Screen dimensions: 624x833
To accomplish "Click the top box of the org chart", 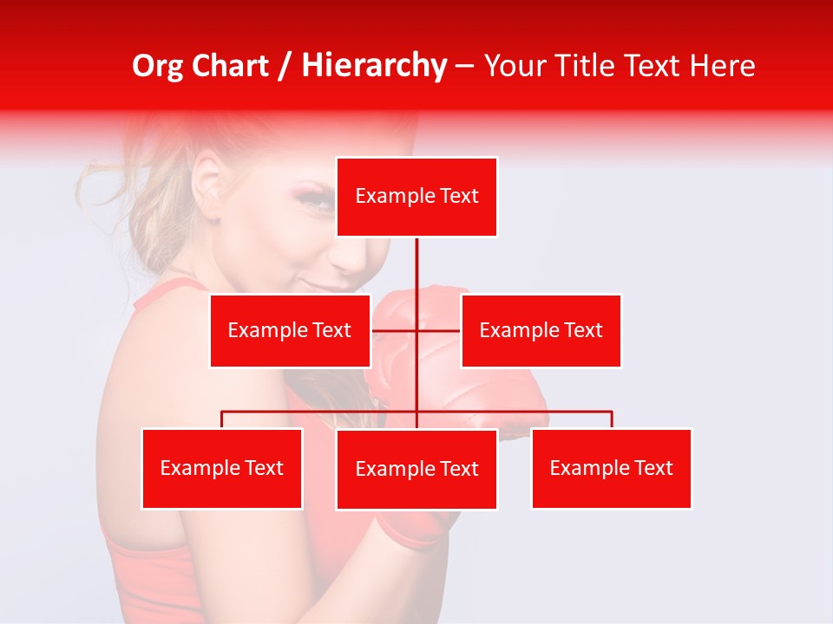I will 416,197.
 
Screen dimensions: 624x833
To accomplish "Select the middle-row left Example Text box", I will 290,330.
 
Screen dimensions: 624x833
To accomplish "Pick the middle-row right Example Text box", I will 541,330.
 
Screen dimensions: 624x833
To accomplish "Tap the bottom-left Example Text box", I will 222,468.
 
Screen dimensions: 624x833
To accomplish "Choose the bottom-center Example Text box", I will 416,469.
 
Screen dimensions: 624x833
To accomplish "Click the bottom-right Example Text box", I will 611,468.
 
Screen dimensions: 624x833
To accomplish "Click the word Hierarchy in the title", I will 374,66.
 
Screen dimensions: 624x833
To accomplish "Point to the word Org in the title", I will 159,66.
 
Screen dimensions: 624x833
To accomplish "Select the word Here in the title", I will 723,66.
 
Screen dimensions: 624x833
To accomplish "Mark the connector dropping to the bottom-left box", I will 222,419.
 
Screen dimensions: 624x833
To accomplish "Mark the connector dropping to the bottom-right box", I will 611,419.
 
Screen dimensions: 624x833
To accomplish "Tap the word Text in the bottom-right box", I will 653,468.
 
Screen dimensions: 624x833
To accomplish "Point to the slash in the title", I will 285,66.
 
